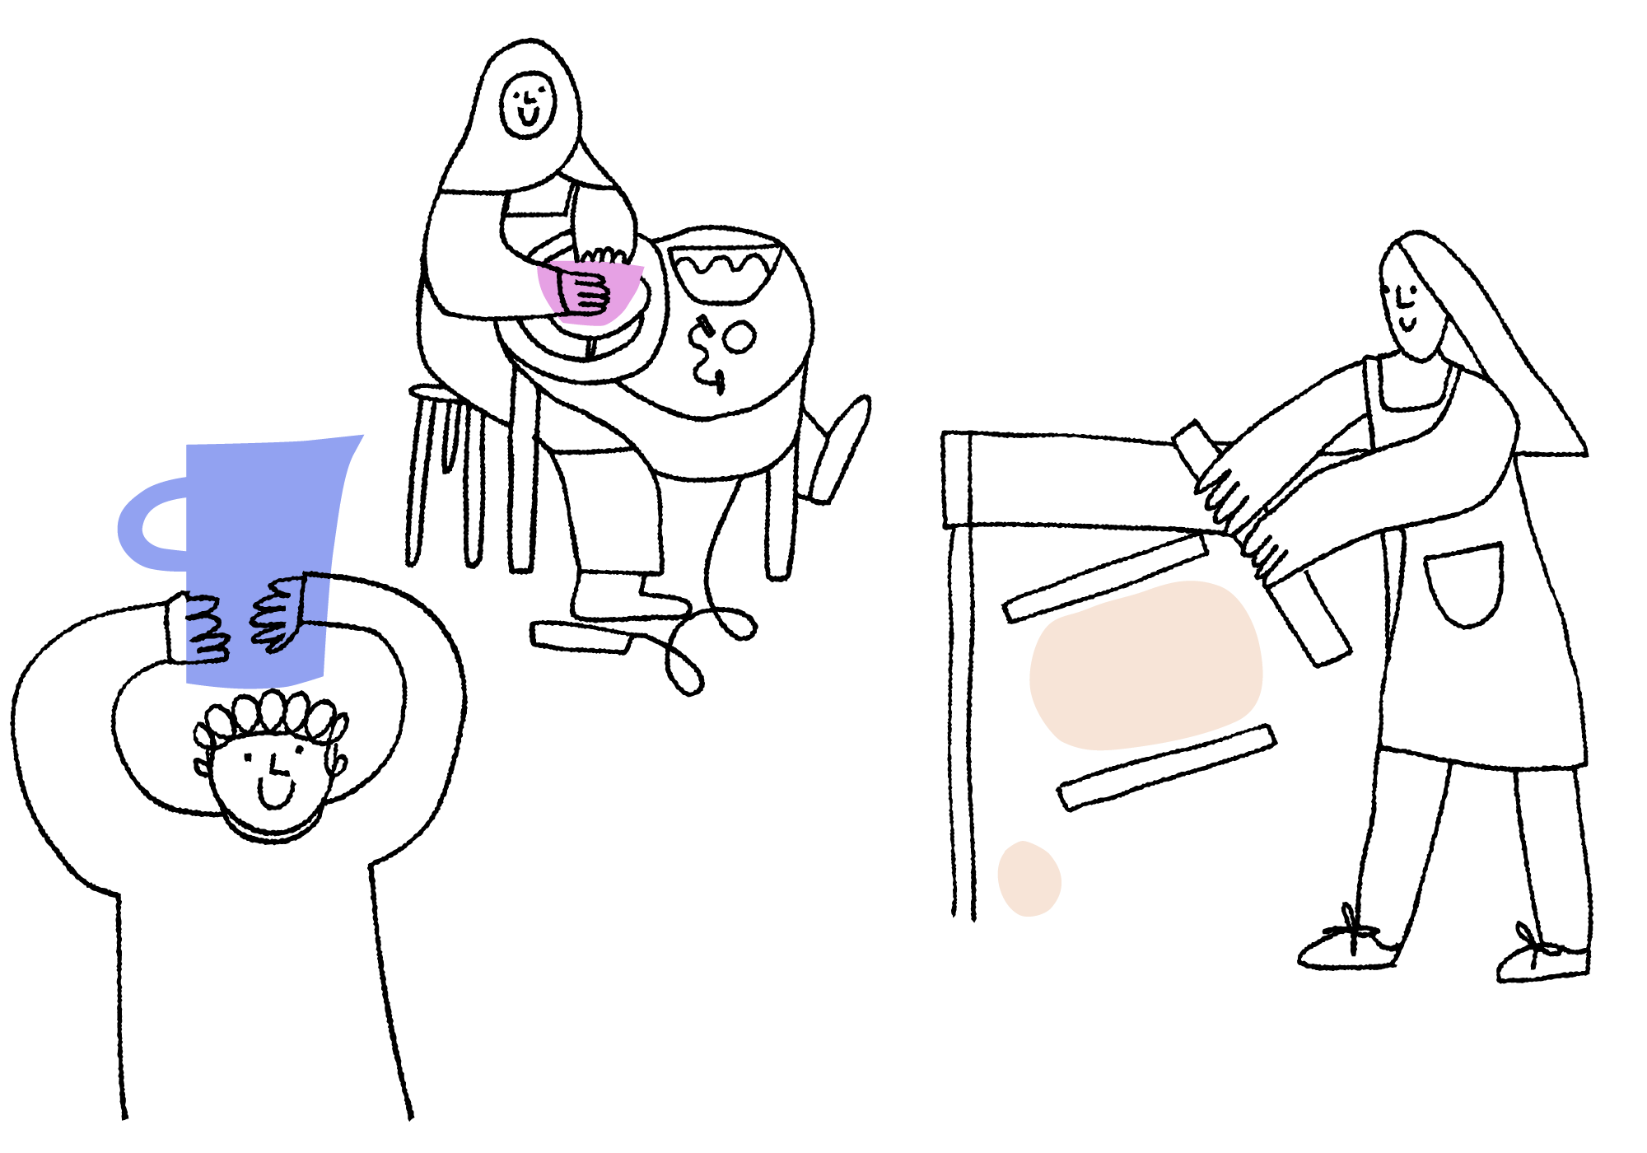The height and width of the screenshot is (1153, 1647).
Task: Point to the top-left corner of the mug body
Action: pos(189,447)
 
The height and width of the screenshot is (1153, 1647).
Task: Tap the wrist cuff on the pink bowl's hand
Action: pos(563,293)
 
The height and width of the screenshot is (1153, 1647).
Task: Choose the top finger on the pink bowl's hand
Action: pos(591,280)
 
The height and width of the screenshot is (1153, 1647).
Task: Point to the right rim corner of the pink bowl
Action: pos(642,268)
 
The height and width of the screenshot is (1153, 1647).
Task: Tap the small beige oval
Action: pos(1029,879)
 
